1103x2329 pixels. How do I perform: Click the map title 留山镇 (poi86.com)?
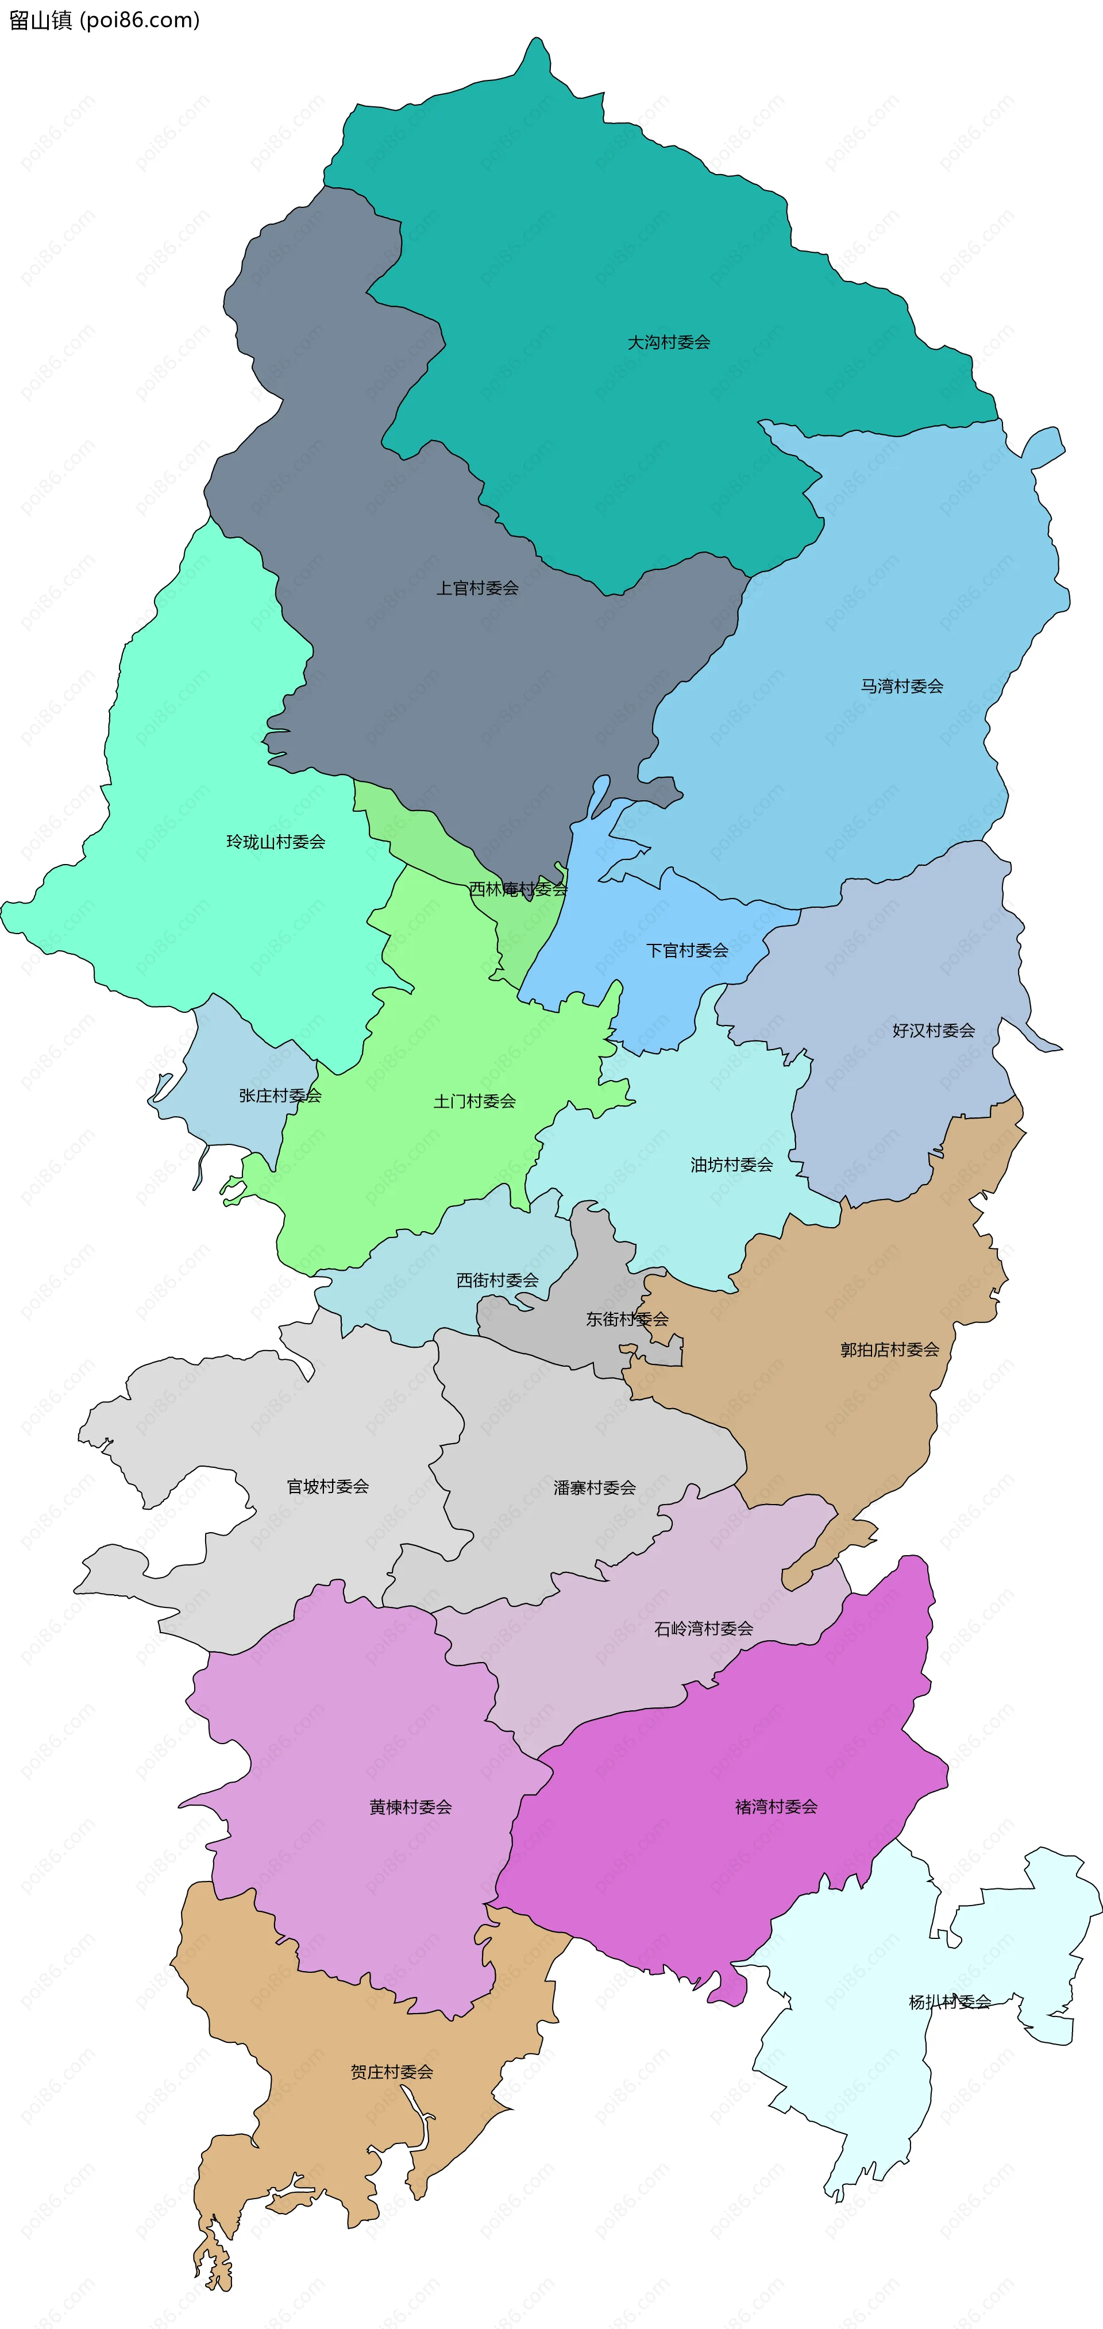point(104,20)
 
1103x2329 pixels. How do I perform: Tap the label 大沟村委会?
point(669,342)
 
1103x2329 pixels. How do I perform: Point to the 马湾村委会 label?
point(901,686)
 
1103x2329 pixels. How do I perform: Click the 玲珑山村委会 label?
point(276,842)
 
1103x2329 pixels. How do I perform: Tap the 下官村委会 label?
point(687,950)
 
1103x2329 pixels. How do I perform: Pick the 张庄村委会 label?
point(280,1096)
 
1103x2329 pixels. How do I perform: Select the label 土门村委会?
point(475,1101)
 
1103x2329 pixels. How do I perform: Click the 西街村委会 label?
point(497,1280)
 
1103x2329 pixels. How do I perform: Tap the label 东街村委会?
point(627,1319)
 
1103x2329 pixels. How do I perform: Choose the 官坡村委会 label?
point(327,1486)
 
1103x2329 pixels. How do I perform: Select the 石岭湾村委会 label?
point(703,1628)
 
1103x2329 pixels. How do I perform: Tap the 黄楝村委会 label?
point(410,1807)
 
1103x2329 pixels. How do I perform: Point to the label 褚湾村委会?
point(776,1806)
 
